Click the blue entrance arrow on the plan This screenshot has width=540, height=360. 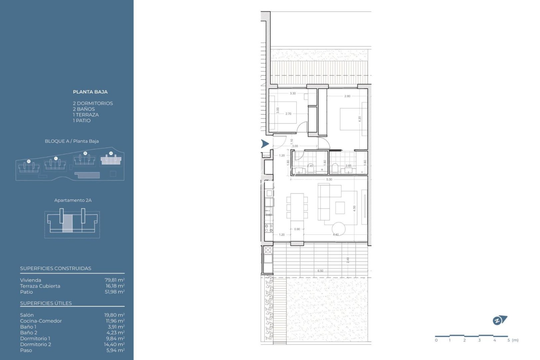tap(265, 144)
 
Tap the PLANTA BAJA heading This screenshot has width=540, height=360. tap(90, 92)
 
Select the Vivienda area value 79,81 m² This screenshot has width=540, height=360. tap(115, 280)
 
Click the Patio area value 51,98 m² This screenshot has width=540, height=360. tap(115, 292)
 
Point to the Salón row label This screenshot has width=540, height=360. tap(27, 315)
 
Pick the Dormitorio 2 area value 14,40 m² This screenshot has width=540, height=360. tap(114, 344)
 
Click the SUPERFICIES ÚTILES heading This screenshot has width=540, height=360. tap(46, 303)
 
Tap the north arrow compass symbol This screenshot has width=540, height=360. tap(499, 320)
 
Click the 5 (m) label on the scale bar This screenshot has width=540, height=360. tap(513, 340)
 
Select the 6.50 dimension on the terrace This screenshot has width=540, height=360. tap(320, 271)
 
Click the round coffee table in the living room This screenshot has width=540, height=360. tap(338, 229)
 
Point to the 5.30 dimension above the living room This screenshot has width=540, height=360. tap(329, 180)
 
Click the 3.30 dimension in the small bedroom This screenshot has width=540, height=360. tap(293, 94)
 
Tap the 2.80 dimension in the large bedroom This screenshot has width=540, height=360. tap(347, 96)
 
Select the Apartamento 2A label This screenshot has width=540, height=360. tap(73, 200)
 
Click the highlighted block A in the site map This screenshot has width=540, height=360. tap(111, 160)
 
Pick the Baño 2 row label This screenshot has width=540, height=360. tap(29, 333)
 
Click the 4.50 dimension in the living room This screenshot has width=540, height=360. tap(354, 208)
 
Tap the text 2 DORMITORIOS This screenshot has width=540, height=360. tap(93, 103)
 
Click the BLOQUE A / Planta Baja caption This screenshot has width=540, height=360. tap(72, 141)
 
